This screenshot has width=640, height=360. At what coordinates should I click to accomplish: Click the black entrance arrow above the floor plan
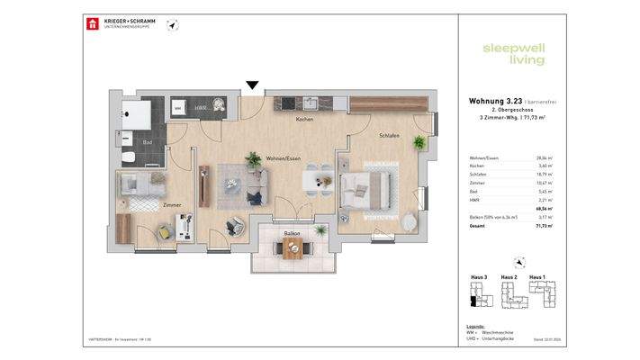pyautogui.click(x=253, y=85)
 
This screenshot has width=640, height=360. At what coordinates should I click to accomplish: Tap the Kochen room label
pyautogui.click(x=304, y=120)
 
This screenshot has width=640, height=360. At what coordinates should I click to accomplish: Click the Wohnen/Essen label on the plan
pyautogui.click(x=283, y=158)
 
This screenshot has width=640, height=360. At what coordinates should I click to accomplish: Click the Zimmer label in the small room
pyautogui.click(x=172, y=205)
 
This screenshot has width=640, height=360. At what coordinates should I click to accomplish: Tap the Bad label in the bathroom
pyautogui.click(x=147, y=142)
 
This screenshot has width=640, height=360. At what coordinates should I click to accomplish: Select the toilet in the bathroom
pyautogui.click(x=130, y=157)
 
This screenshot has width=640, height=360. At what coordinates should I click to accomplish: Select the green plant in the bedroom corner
pyautogui.click(x=417, y=142)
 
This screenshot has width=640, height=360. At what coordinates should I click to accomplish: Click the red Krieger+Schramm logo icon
pyautogui.click(x=90, y=23)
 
